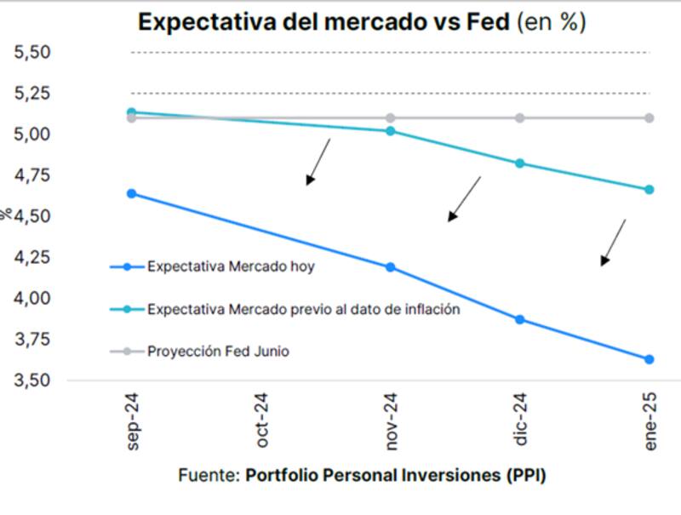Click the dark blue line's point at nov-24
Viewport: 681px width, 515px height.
point(391,267)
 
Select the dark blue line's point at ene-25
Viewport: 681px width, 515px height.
point(649,359)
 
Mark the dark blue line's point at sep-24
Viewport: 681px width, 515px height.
point(132,194)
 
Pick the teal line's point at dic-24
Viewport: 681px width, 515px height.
point(520,163)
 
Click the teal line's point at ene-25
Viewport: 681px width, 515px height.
point(649,190)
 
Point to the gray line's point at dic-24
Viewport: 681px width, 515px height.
point(520,117)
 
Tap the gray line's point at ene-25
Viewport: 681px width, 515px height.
point(649,117)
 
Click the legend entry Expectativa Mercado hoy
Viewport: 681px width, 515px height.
point(231,266)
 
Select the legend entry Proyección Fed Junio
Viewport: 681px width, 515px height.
point(218,351)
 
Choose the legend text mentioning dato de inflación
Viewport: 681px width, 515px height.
point(304,309)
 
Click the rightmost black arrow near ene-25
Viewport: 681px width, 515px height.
point(613,243)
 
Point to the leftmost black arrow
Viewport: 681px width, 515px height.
point(318,162)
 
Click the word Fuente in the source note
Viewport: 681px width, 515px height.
point(208,475)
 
